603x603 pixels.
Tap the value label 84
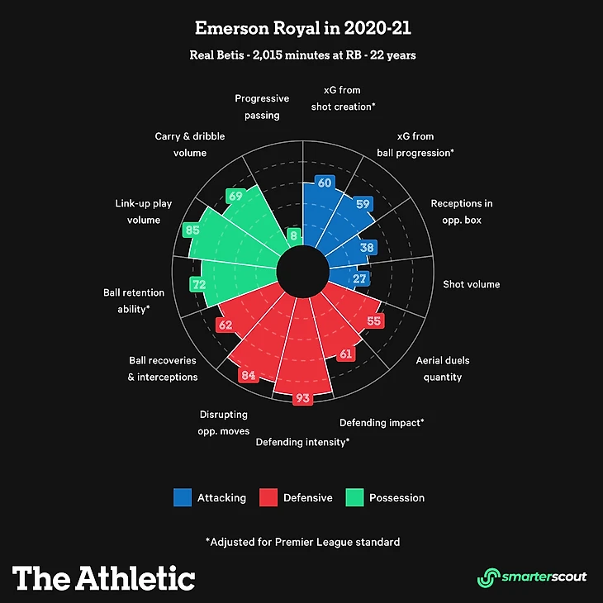247,376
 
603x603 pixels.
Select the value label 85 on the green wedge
192,230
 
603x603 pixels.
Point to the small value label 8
293,235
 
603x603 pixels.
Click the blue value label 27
360,279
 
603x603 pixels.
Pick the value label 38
368,247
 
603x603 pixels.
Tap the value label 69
235,197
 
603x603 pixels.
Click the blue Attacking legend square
183,497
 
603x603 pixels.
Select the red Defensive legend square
268,497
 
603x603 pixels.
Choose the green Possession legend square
354,497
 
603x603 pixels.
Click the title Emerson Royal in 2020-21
301,29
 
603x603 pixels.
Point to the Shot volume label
471,284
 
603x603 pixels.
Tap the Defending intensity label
302,442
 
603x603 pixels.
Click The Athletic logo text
104,577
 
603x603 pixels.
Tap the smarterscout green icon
489,577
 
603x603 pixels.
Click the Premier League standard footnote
302,542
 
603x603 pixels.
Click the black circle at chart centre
301,272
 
